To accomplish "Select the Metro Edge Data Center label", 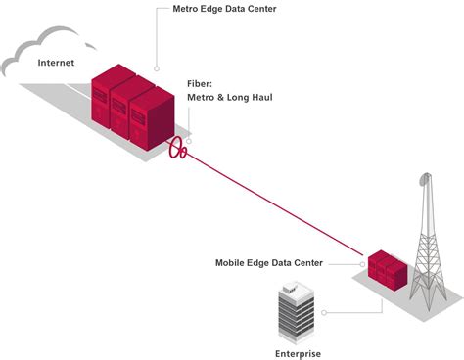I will (x=222, y=10).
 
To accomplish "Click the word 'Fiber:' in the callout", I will (x=201, y=85).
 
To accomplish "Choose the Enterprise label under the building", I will (x=297, y=353).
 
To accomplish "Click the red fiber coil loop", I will (x=178, y=150).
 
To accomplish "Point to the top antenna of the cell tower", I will (x=424, y=180).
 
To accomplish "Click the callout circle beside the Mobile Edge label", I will (x=361, y=263).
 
